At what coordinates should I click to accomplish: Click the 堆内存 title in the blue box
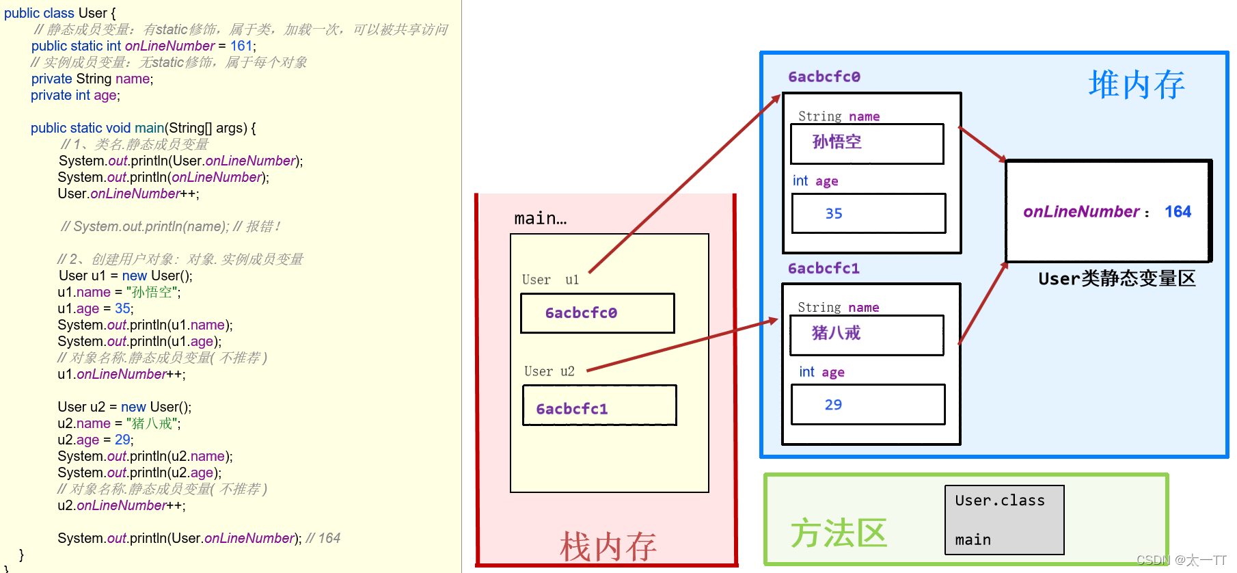(x=1136, y=85)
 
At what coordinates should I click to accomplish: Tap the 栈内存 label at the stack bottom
(x=608, y=546)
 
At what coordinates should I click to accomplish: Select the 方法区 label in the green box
(x=839, y=533)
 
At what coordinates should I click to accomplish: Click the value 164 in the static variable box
(x=1178, y=212)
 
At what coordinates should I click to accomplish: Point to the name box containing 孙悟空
(x=867, y=143)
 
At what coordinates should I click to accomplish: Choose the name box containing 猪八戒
(x=867, y=334)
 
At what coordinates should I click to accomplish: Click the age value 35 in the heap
(x=834, y=213)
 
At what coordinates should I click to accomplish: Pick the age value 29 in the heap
(x=833, y=405)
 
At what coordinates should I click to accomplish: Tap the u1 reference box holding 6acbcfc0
(x=597, y=313)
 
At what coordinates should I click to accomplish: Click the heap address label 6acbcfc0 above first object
(x=824, y=77)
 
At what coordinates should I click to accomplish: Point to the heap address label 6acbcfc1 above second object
(x=824, y=268)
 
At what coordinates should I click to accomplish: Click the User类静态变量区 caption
(x=1117, y=278)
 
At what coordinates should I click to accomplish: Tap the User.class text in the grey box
(x=1000, y=501)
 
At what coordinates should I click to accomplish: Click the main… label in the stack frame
(x=540, y=219)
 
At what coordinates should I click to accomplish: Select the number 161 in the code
(x=241, y=46)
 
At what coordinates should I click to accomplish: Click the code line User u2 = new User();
(x=124, y=407)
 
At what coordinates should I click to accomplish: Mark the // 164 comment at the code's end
(x=323, y=538)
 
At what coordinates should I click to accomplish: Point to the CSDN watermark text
(x=1181, y=560)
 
